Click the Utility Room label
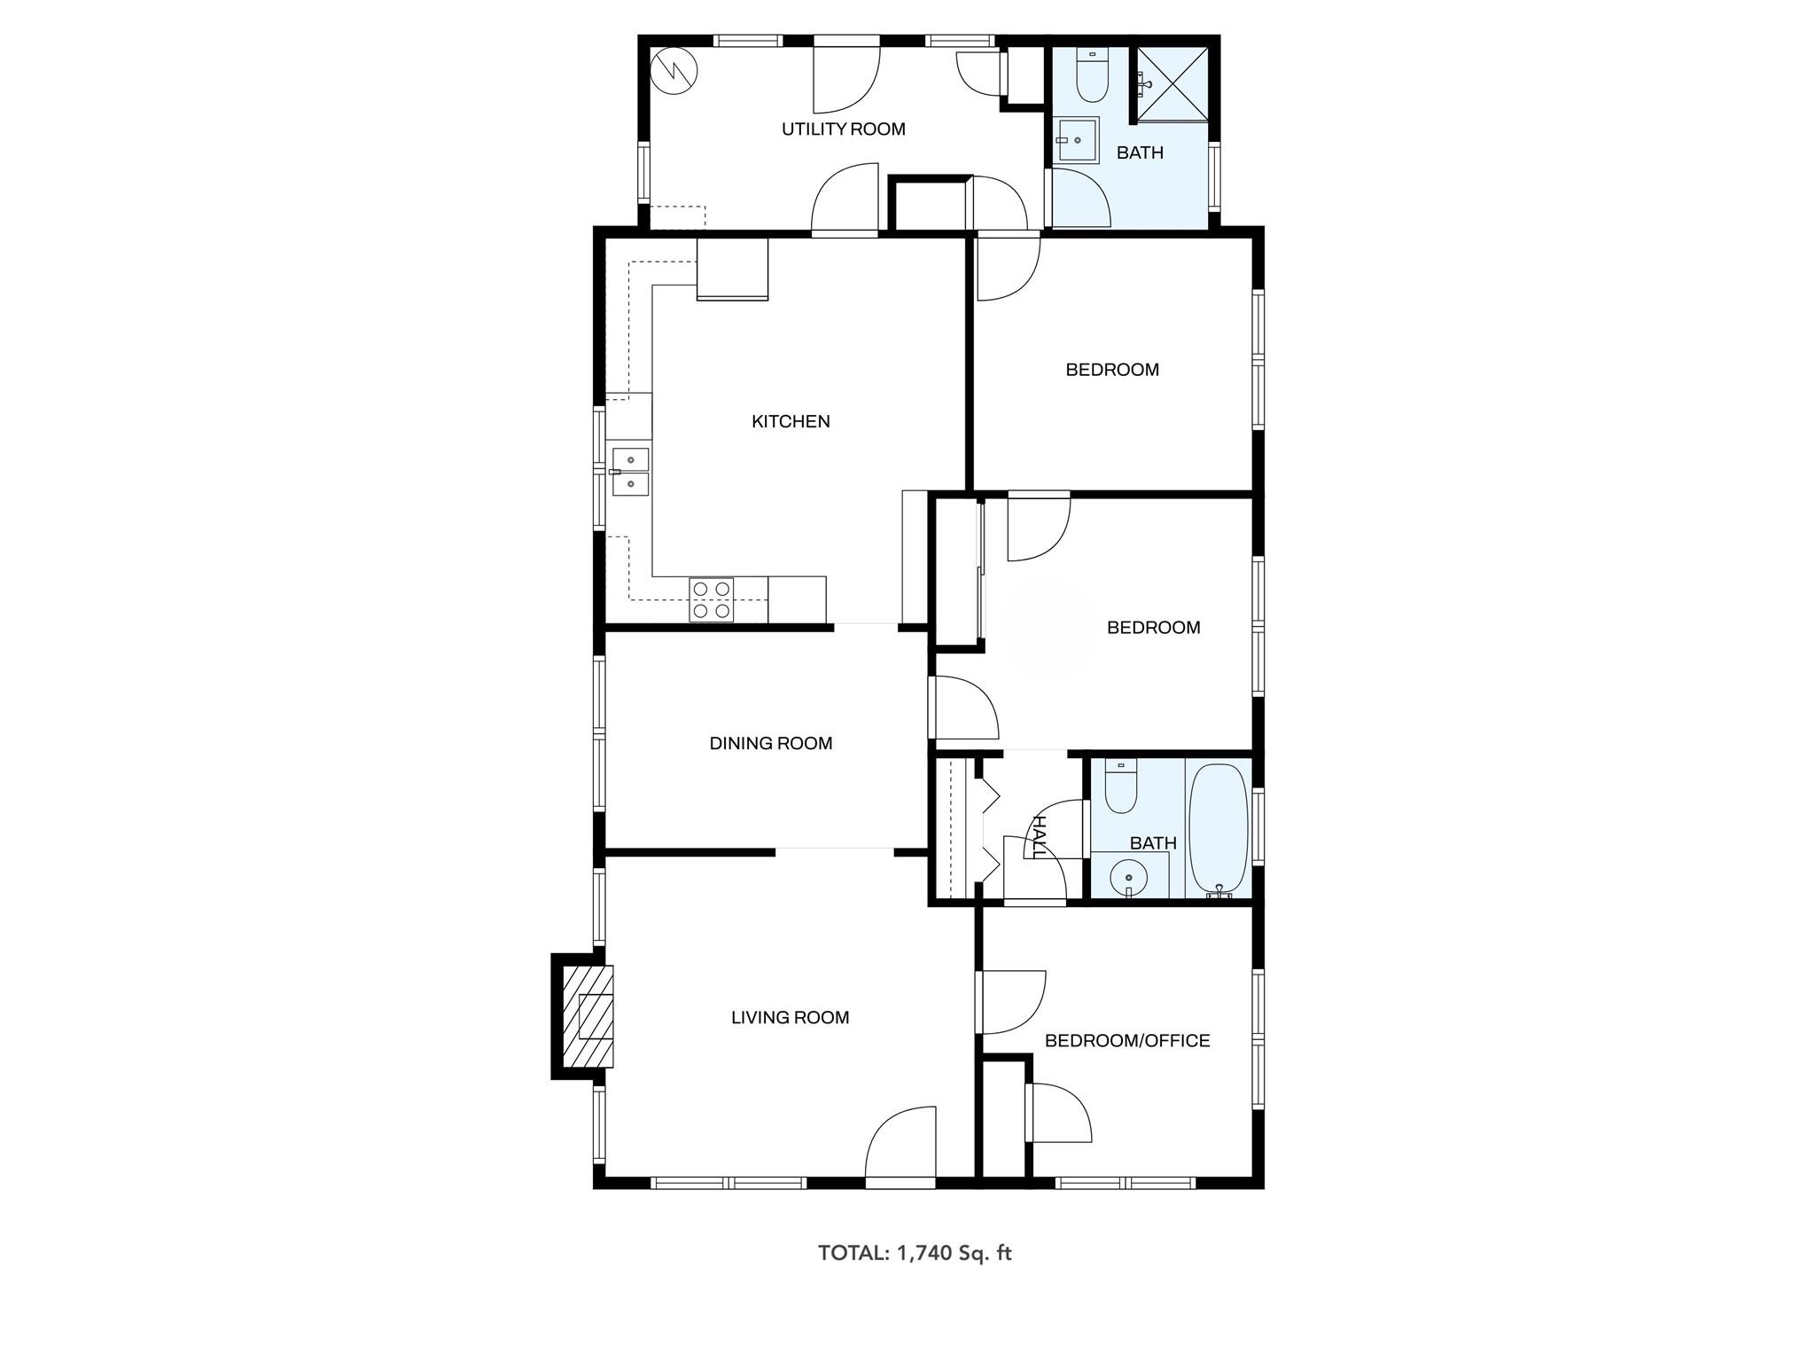(843, 129)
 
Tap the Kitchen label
(791, 422)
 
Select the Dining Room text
(770, 744)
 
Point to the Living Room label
(790, 1018)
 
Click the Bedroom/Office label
(1127, 1041)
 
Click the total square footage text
(914, 1253)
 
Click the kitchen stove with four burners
(712, 599)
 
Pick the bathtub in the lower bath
(1218, 831)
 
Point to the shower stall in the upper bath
(1172, 83)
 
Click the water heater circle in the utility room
(674, 71)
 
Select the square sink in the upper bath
(1077, 140)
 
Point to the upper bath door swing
(1079, 197)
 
